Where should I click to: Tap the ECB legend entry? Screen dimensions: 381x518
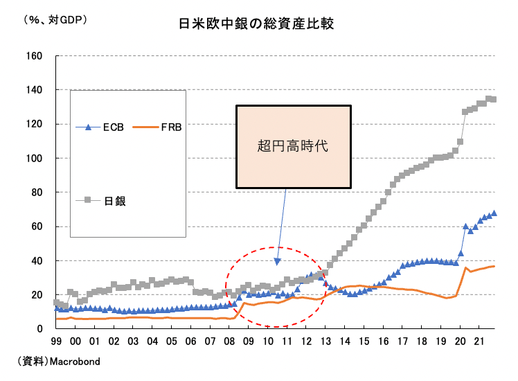coord(105,127)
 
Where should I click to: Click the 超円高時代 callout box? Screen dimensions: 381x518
coord(293,146)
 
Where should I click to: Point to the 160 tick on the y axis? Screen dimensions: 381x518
coord(34,55)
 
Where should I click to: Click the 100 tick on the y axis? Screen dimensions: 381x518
coord(34,158)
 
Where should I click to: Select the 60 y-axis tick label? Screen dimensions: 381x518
coord(37,227)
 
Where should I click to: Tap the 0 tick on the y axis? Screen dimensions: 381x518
coord(40,329)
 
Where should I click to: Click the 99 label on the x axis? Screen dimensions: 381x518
coord(56,342)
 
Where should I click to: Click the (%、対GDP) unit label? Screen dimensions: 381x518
coord(55,20)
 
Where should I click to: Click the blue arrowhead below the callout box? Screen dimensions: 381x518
coord(277,261)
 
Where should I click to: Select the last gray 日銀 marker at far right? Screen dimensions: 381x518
coord(493,99)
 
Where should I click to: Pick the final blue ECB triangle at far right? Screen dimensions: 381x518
coord(494,213)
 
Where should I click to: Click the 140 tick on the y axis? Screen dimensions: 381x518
coord(34,90)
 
